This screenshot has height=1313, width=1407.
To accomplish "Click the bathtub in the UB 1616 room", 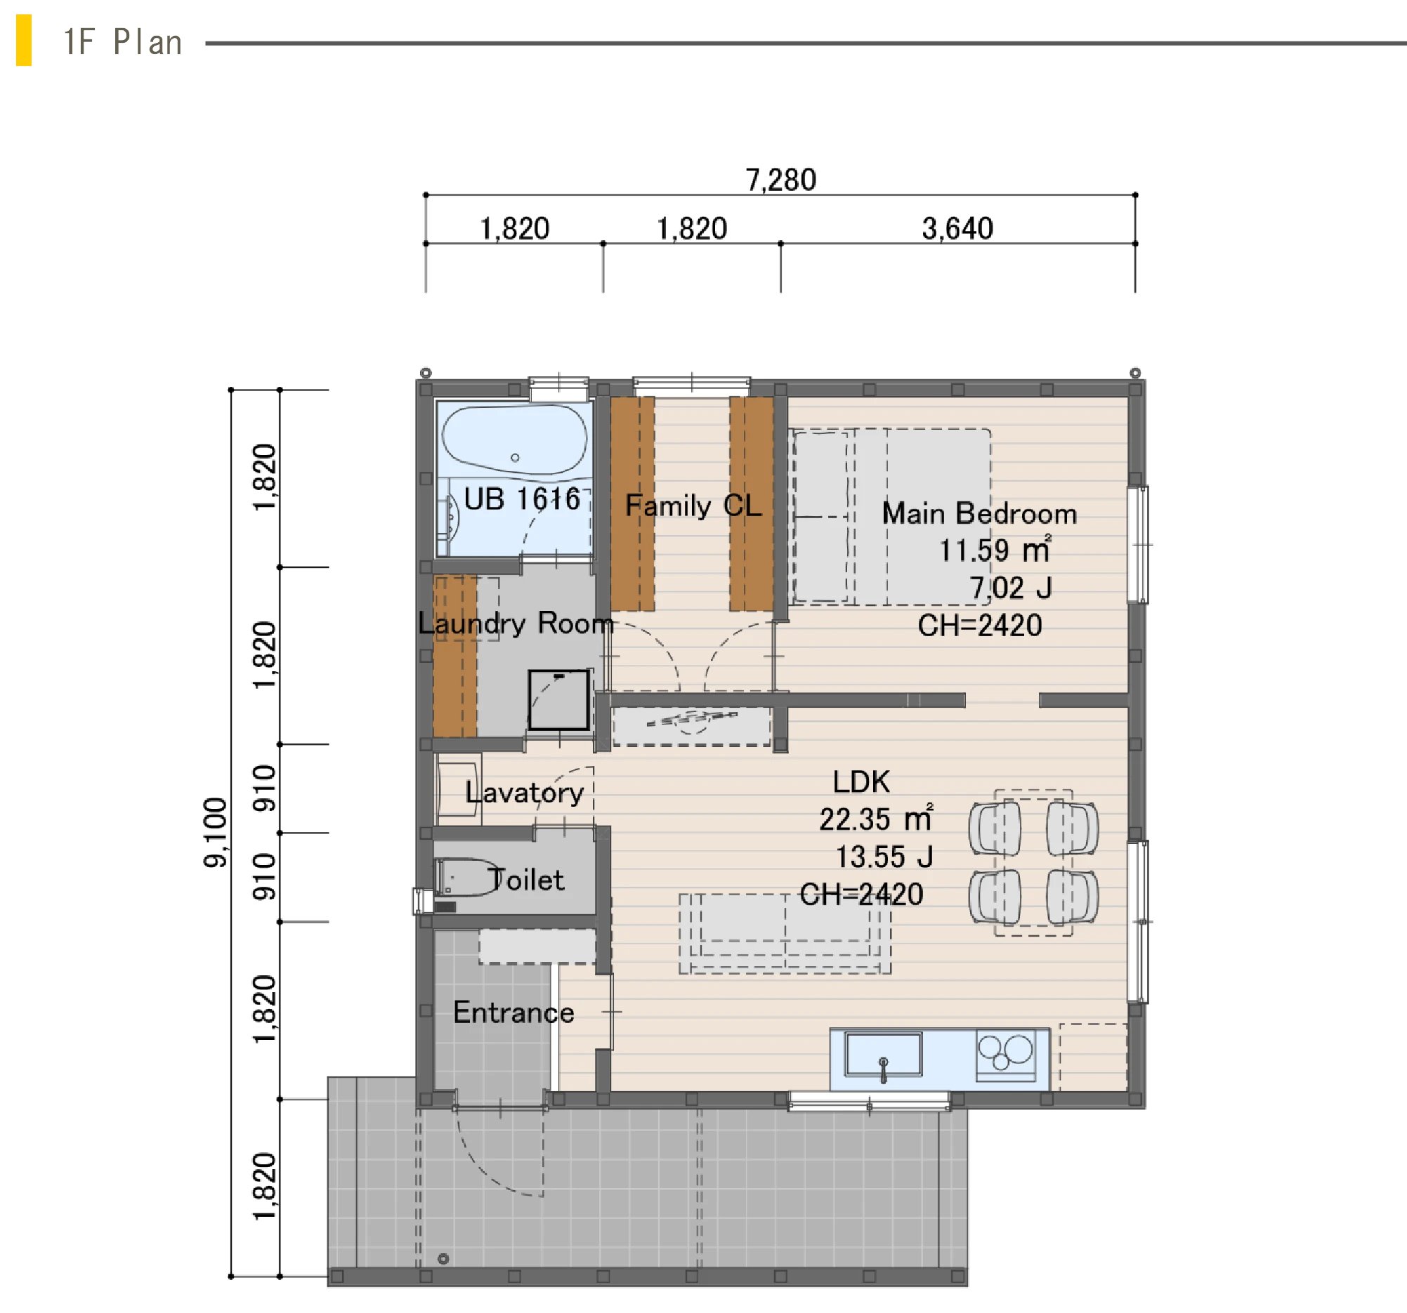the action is pos(514,440).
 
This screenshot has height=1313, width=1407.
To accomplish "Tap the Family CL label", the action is pos(693,506).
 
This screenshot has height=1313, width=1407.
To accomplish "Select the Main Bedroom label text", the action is pos(979,513).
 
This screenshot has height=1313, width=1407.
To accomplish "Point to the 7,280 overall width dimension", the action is pos(780,180).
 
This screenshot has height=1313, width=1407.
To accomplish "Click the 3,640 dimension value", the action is pos(957,228).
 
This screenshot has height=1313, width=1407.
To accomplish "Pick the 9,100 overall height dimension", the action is pos(215,833).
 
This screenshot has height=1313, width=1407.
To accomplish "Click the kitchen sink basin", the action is pos(884,1055).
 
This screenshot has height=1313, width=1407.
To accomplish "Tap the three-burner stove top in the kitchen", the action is pos(1005,1055).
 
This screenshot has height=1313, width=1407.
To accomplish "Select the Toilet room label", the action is pos(527,880).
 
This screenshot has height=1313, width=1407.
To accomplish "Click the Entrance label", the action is pos(513,1012).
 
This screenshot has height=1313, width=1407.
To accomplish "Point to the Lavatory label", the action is pos(525,792).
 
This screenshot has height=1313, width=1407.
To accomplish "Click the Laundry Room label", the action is pos(516,623).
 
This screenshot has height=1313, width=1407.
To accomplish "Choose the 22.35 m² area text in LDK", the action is pos(876,819).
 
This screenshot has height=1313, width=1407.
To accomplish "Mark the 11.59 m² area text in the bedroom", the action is pos(995,550).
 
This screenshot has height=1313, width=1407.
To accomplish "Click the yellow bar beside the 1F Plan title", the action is pos(24,40).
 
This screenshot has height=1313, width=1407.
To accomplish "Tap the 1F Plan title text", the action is pos(123,41).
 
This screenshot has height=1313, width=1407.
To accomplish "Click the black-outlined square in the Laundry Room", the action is pos(559,699).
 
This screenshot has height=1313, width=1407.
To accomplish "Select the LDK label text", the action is pos(861,781).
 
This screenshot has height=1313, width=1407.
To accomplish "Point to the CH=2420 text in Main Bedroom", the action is pos(980,626).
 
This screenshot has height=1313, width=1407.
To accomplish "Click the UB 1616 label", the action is pos(523,499).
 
